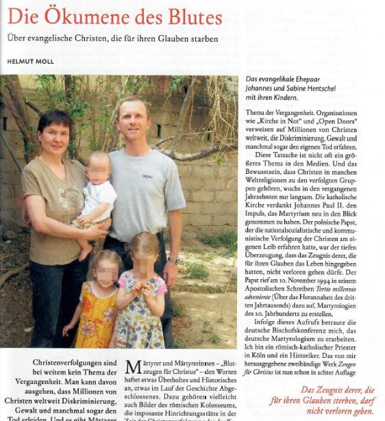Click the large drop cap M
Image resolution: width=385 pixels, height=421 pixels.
click(x=134, y=368)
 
